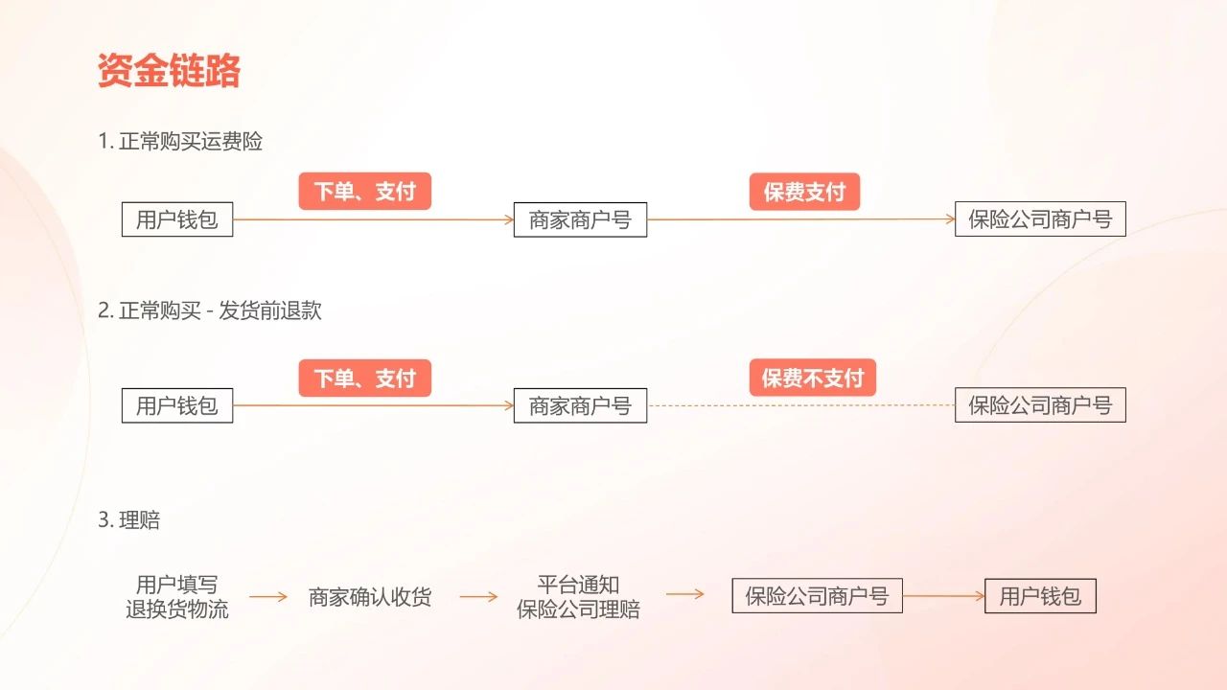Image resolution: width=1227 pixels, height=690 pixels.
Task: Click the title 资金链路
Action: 169,72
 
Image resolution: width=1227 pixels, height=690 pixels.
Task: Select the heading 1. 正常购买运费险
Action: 180,142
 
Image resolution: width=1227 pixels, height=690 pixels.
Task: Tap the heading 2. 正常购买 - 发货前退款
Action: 210,310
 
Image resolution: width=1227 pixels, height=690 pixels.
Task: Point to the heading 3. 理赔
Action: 129,520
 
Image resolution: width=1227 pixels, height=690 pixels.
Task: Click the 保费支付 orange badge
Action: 804,192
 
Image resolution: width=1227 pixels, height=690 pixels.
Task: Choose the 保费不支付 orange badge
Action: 813,378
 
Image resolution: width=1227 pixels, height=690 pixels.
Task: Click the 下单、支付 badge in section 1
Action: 365,192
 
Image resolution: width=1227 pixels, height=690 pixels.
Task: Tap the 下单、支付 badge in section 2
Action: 365,378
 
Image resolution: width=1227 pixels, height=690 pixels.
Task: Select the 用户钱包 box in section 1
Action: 177,219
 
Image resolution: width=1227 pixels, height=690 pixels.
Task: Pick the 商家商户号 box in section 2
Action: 580,405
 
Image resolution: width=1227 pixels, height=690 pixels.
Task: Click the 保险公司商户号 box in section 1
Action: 1040,219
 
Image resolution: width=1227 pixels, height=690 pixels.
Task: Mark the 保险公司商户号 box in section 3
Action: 817,596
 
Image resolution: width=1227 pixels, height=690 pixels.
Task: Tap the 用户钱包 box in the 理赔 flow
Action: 1040,596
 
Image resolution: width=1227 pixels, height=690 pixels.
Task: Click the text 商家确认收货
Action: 370,597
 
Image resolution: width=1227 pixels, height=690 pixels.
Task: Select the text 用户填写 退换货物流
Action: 177,596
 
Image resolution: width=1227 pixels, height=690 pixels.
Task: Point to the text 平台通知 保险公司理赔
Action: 578,596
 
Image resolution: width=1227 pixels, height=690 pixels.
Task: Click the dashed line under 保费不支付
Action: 800,405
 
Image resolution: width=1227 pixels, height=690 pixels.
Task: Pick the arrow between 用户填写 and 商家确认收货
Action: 268,596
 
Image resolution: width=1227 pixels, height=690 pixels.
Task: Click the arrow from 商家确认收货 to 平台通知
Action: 478,596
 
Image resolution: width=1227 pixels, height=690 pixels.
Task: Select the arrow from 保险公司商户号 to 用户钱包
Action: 943,596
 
